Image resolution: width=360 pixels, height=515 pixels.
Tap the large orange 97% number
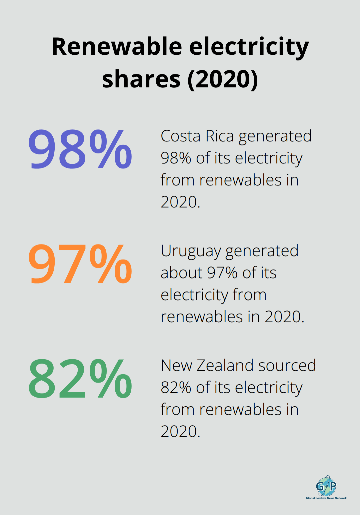click(x=80, y=265)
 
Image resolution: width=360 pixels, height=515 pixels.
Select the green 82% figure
click(x=80, y=379)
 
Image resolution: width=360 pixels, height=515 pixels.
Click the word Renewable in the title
click(x=117, y=47)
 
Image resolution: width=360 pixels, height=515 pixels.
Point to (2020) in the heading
click(x=223, y=79)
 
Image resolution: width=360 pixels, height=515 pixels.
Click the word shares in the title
click(x=141, y=79)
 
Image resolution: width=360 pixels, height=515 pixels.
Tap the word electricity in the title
click(x=249, y=47)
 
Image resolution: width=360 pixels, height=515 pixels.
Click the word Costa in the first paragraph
click(x=180, y=136)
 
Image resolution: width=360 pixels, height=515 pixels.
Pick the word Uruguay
click(x=191, y=251)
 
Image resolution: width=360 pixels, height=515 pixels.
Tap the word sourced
click(x=287, y=366)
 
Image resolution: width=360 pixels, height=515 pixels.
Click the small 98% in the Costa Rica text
click(x=176, y=158)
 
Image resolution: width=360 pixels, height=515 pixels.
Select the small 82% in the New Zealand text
click(x=176, y=388)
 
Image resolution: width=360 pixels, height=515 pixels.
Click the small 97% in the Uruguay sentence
click(x=222, y=273)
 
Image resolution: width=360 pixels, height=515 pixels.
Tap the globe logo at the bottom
click(x=326, y=486)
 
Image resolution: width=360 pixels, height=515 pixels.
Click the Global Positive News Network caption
click(x=326, y=498)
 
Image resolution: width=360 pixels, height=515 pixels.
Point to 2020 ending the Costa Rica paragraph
click(x=179, y=202)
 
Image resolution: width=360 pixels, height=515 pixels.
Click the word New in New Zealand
click(x=176, y=366)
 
